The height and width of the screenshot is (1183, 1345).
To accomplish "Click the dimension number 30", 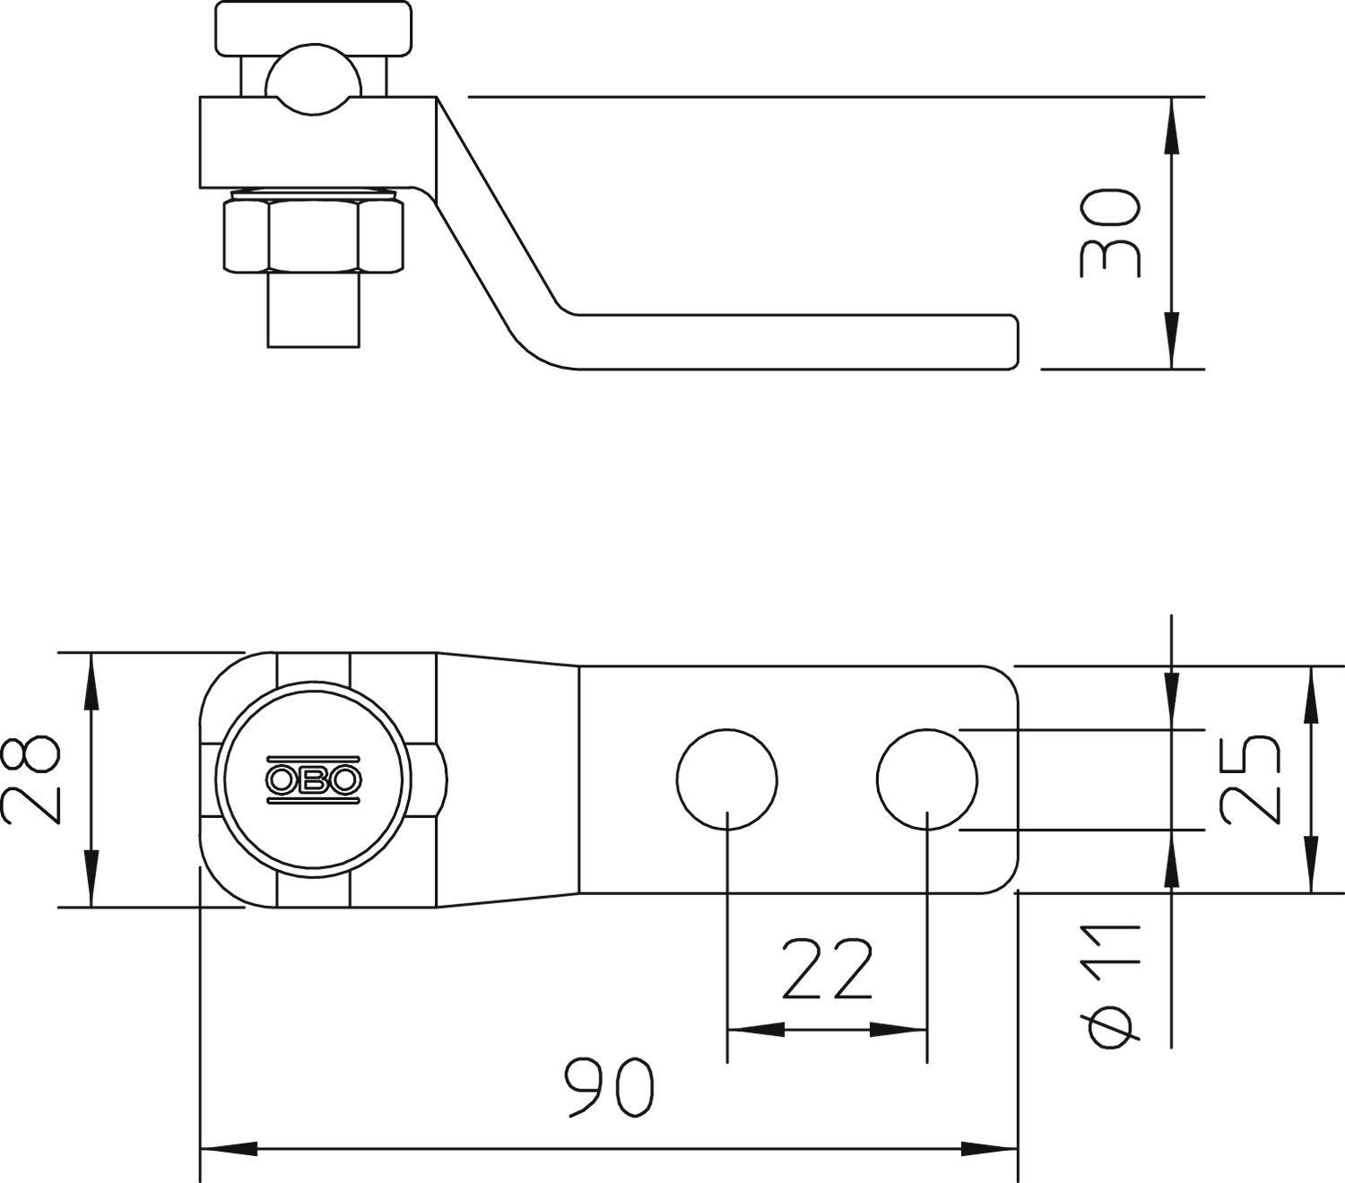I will point(1110,232).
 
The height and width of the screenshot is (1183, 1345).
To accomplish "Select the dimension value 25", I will point(1250,779).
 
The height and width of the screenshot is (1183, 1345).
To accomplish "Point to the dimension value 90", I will point(610,1087).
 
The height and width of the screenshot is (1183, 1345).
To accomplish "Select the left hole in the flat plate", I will point(726,779).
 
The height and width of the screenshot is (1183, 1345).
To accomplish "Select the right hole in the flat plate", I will point(927,779).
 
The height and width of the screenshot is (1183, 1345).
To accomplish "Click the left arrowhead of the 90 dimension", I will point(224,1148).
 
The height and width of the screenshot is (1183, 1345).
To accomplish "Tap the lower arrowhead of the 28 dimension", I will point(90,883).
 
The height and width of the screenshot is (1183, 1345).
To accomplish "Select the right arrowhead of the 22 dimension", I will point(902,1030).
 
